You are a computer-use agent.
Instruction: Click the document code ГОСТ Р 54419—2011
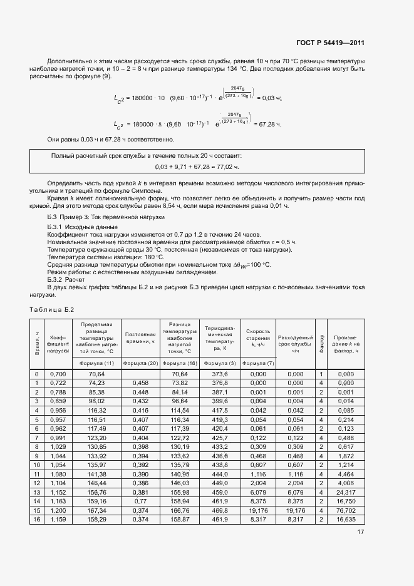[x=330, y=43]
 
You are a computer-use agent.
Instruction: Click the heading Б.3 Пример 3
[x=98, y=217]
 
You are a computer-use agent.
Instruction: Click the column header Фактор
[x=321, y=343]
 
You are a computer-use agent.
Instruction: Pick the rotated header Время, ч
[x=37, y=343]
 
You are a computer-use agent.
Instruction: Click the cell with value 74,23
[x=96, y=383]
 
